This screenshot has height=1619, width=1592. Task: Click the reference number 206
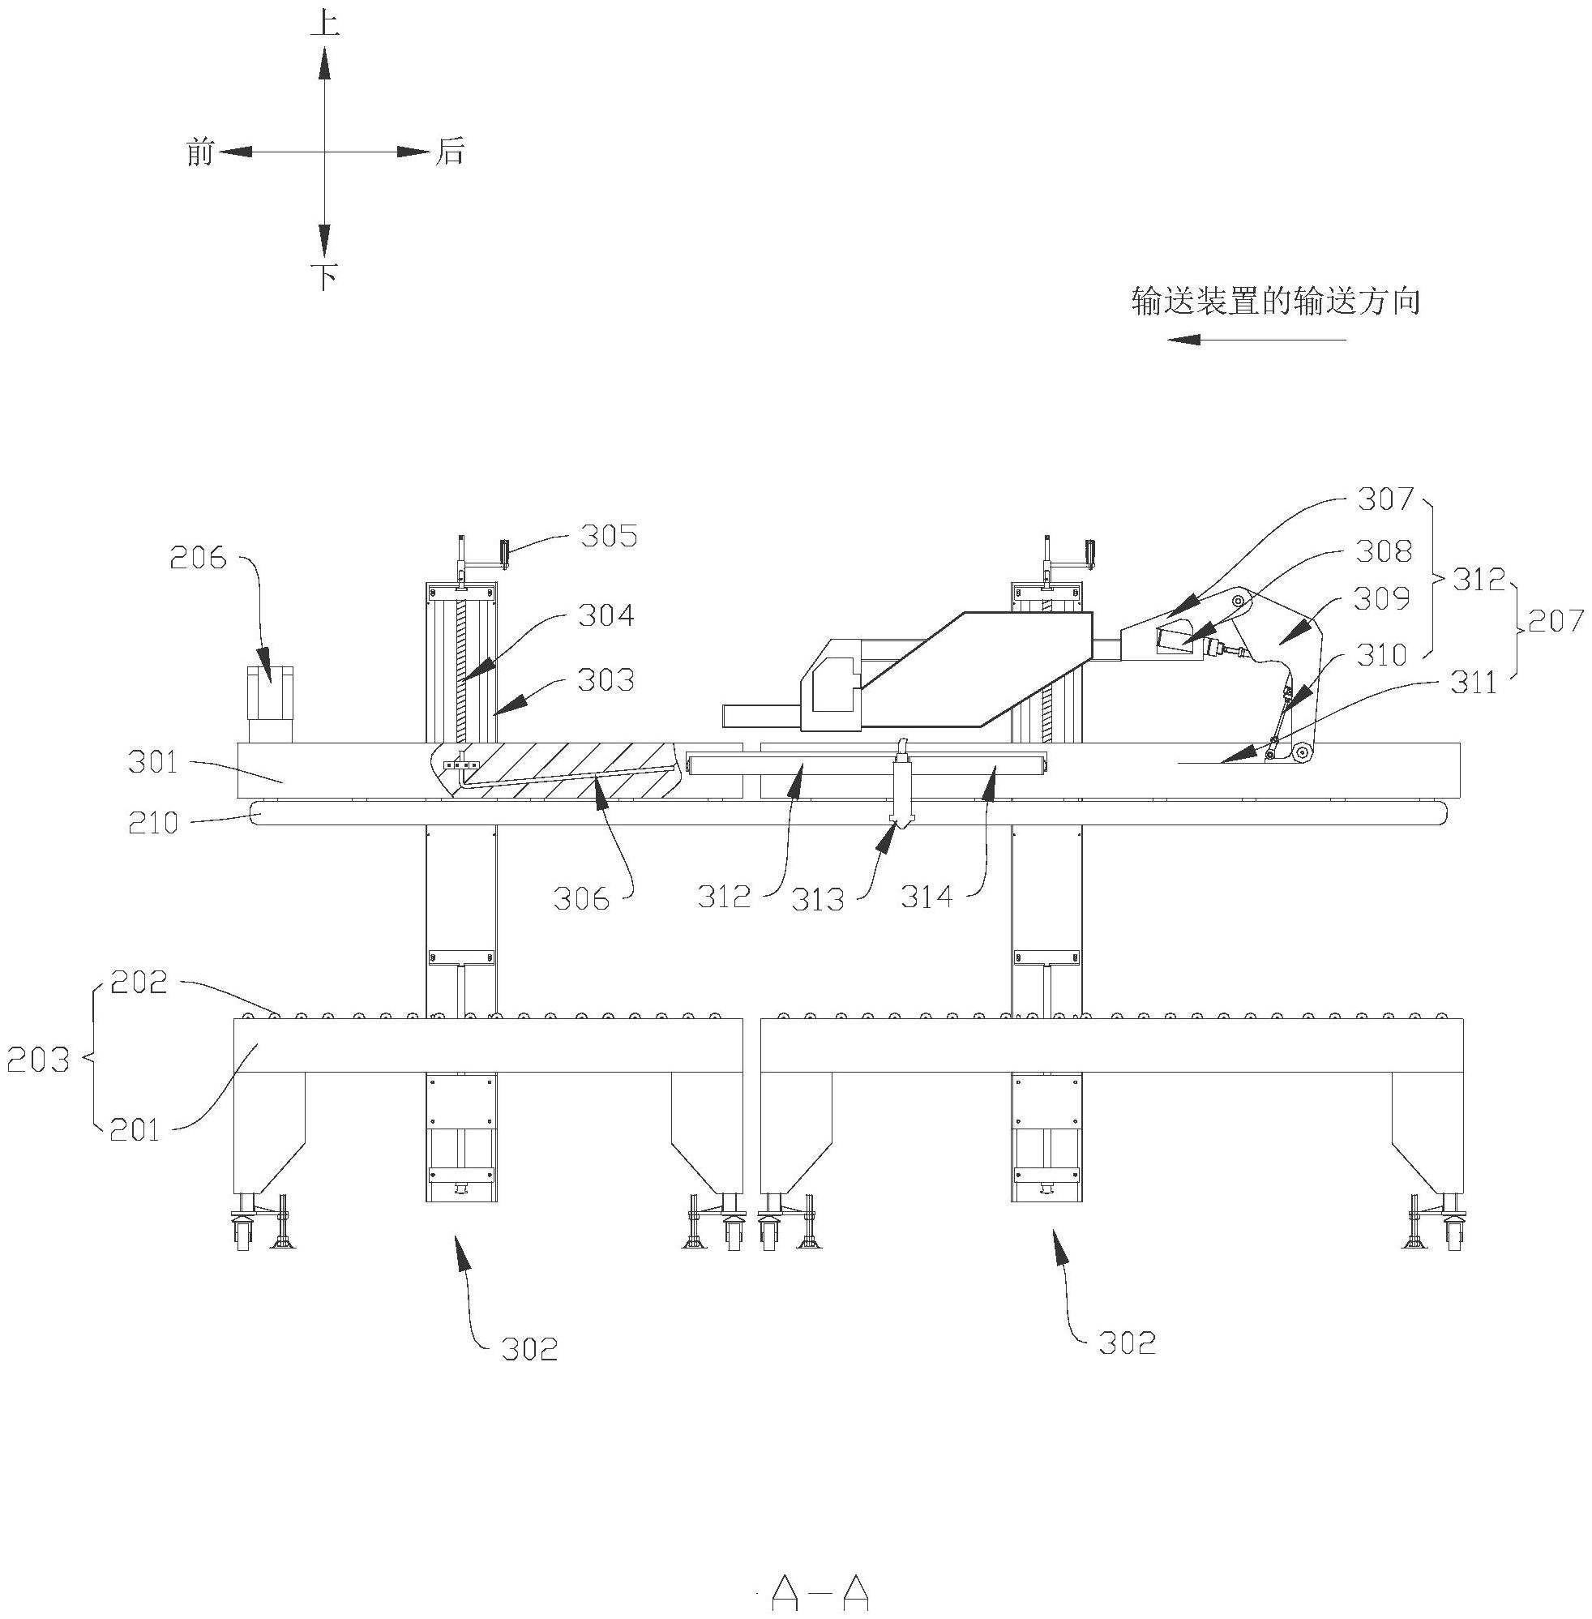tap(198, 558)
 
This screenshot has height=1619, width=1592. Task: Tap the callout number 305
tap(609, 535)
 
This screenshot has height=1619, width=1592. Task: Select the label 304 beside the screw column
tap(606, 616)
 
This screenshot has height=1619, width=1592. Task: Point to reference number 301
tap(153, 763)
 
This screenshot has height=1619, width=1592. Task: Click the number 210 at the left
tap(153, 824)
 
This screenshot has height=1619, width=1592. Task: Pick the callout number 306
tap(580, 899)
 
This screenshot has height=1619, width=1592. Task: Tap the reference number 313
tap(817, 900)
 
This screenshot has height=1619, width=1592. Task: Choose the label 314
tap(927, 897)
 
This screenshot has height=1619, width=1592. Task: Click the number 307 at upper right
tap(1384, 500)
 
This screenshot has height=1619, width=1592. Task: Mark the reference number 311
tap(1474, 683)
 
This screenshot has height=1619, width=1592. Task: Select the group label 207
tap(1556, 620)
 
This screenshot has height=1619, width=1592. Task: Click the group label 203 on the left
tap(36, 1060)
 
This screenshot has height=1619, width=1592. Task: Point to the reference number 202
tap(138, 983)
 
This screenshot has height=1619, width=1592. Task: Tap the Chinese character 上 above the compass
tap(324, 24)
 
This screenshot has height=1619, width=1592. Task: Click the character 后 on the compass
tap(449, 152)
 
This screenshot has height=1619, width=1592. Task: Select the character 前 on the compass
tap(201, 152)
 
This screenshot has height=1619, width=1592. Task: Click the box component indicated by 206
tap(271, 703)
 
